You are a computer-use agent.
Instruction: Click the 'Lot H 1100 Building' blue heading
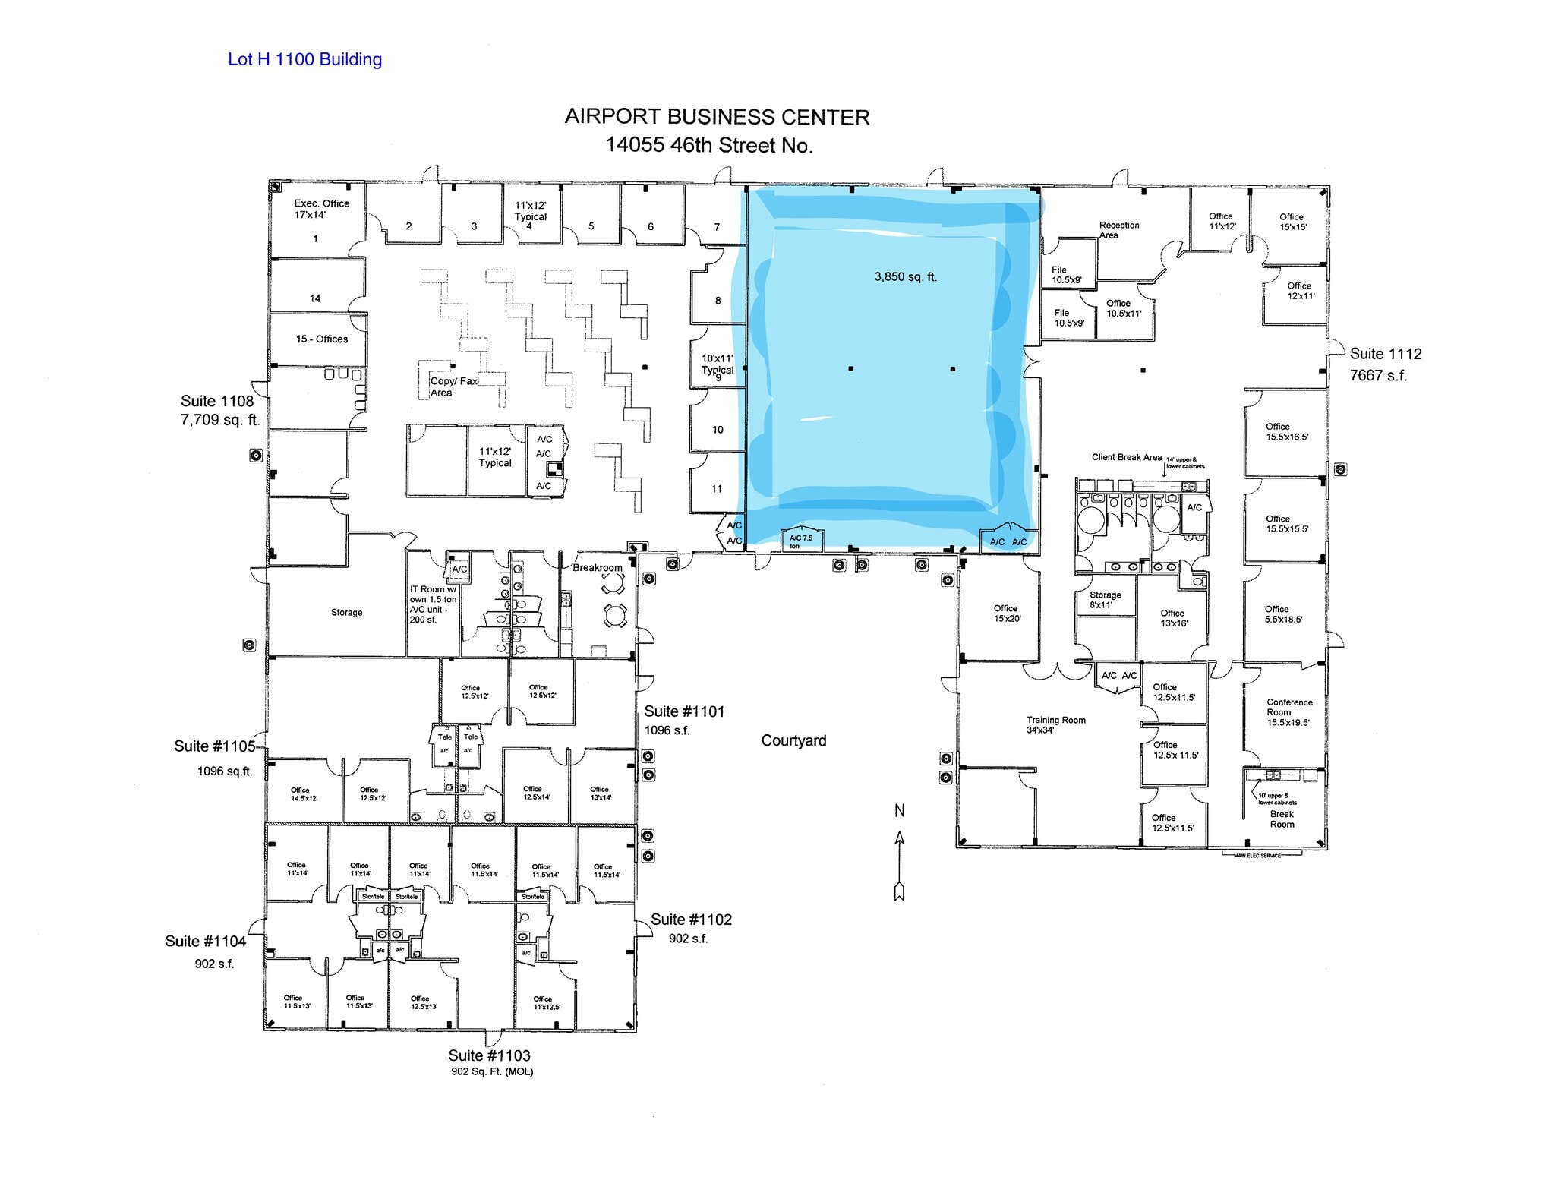(304, 59)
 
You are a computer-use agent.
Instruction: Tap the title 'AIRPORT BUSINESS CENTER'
(717, 117)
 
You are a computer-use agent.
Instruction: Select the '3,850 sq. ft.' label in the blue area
(905, 277)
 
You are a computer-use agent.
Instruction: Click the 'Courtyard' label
(793, 740)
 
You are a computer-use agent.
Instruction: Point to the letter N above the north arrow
(899, 811)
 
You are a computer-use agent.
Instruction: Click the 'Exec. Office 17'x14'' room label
(321, 209)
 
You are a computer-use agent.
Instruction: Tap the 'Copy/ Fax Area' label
(453, 386)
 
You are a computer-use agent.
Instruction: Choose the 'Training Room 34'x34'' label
(1055, 724)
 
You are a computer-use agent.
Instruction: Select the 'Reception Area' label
(1118, 230)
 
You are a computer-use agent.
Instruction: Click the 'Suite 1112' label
(1385, 354)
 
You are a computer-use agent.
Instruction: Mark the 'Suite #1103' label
(489, 1055)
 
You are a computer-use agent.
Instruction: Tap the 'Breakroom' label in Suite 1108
(597, 568)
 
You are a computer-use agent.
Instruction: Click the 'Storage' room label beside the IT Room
(346, 612)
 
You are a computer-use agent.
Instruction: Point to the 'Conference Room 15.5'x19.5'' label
(1288, 712)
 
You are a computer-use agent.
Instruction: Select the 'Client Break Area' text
(1126, 457)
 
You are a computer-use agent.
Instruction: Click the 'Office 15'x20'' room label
(1007, 614)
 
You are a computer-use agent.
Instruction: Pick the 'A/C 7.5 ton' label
(800, 541)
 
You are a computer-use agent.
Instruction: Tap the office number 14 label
(315, 298)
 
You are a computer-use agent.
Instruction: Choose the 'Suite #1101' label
(684, 711)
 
